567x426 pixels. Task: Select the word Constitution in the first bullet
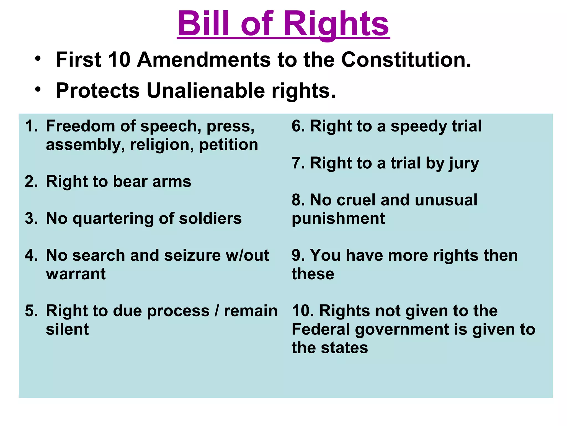406,60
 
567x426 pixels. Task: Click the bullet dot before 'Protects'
38,89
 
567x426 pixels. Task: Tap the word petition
228,145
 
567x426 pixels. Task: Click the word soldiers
210,219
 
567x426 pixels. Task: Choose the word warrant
76,274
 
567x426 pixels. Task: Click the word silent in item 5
67,329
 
